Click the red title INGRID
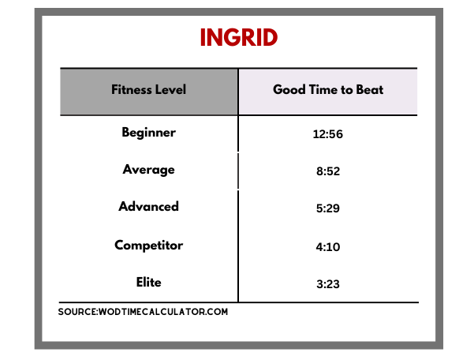point(239,37)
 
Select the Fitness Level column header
point(148,89)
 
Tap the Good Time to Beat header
point(328,89)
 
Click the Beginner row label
point(148,133)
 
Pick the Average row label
point(148,170)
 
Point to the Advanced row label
point(148,206)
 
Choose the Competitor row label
point(148,245)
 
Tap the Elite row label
point(148,282)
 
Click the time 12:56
point(327,134)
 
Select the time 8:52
point(328,171)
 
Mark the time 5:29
point(328,208)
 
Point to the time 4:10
point(328,247)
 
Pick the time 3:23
point(328,284)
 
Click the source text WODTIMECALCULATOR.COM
point(163,312)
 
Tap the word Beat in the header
point(369,89)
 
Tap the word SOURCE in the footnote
point(77,312)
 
